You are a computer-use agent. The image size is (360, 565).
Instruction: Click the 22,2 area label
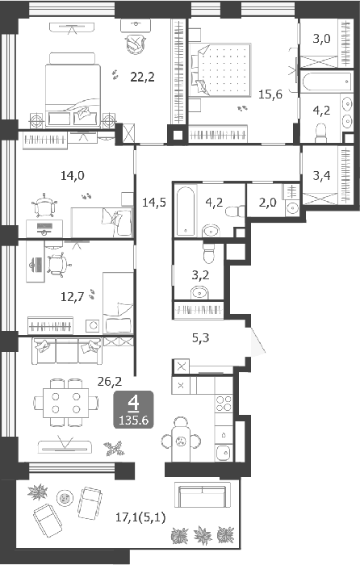[x=142, y=77]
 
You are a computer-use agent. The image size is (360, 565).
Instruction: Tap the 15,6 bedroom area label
[x=270, y=94]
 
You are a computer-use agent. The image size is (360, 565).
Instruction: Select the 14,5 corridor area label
[x=154, y=202]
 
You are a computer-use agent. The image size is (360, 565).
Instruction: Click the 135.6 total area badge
[x=134, y=420]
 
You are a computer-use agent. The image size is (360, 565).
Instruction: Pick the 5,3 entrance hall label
[x=200, y=338]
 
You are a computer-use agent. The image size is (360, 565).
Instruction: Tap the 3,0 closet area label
[x=321, y=38]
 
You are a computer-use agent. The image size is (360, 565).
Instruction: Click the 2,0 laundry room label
[x=267, y=202]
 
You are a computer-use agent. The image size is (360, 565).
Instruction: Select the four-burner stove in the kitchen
[x=224, y=404]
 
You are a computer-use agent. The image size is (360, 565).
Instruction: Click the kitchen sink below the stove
[x=224, y=452]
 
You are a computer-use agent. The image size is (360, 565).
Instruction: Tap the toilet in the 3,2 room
[x=208, y=253]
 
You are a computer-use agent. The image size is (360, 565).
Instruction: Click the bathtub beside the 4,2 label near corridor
[x=186, y=210]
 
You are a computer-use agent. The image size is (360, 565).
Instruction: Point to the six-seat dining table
[x=66, y=403]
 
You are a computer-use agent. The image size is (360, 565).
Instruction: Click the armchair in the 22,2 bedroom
[x=135, y=44]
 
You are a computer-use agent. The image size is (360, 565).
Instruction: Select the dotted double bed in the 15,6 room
[x=220, y=69]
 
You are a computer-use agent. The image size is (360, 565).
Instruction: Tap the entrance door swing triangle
[x=256, y=341]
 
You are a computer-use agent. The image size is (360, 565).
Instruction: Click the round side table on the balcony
[x=65, y=499]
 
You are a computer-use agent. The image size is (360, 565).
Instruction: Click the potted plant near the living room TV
[x=115, y=448]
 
